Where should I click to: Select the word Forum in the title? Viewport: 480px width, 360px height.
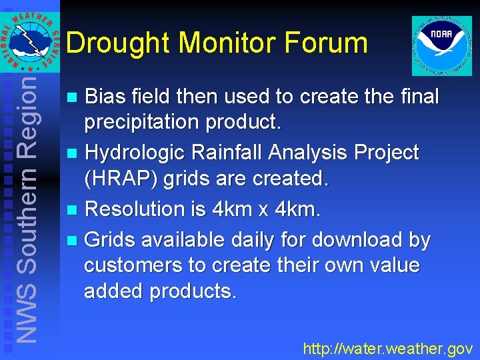[326, 43]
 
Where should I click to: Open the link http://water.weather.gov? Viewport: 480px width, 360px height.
[387, 348]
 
